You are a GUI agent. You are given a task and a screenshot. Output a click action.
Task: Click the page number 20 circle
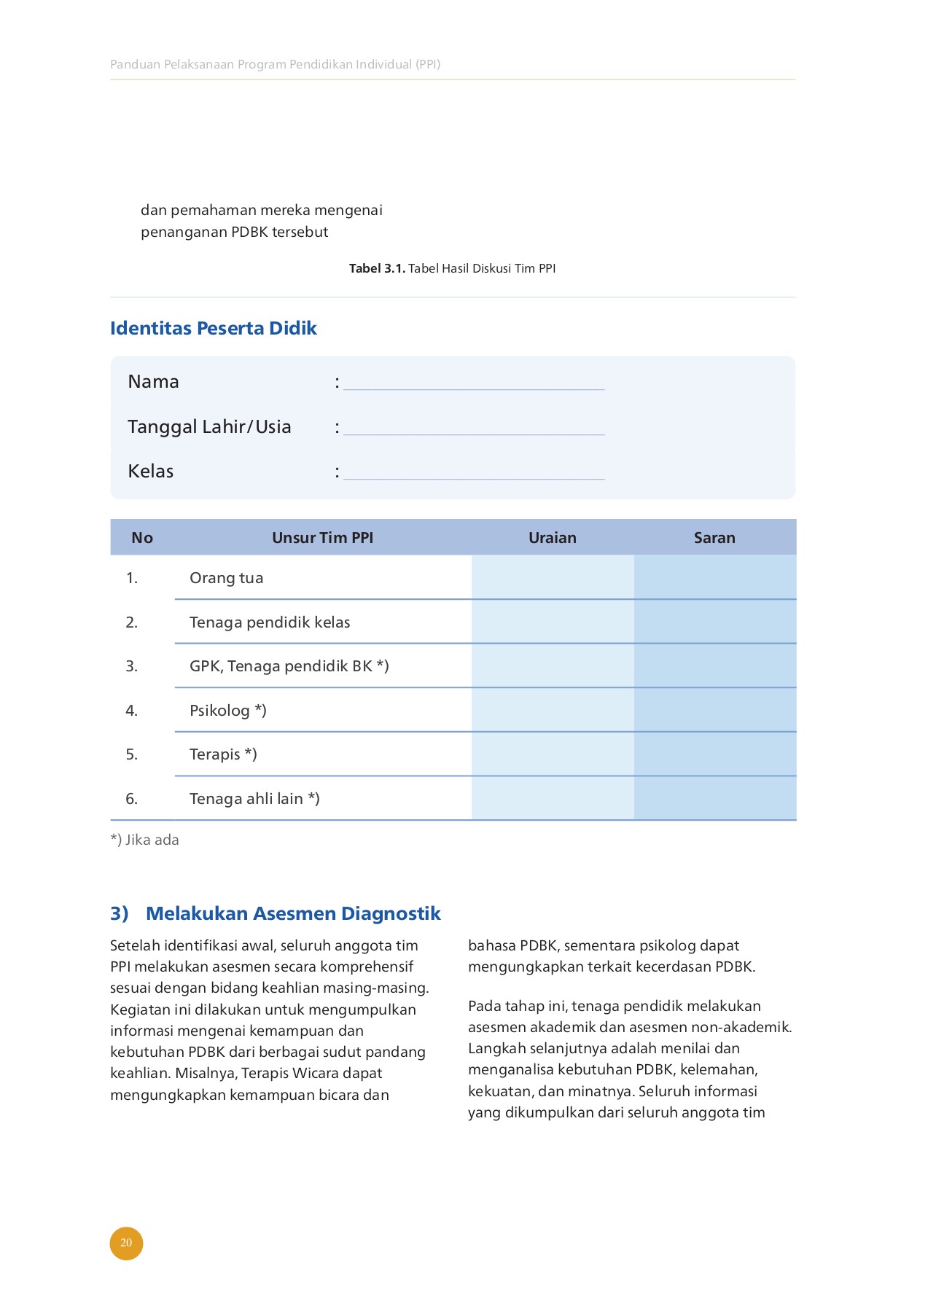126,1243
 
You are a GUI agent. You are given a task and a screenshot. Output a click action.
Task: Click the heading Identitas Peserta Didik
213,328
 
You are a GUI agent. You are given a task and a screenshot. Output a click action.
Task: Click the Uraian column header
552,538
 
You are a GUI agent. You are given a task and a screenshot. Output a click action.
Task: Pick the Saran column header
714,538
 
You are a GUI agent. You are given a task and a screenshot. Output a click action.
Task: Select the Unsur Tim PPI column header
322,538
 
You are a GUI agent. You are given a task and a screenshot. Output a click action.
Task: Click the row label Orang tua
226,578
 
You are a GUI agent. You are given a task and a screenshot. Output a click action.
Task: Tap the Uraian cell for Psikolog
552,710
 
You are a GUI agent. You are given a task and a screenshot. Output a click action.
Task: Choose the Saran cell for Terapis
714,754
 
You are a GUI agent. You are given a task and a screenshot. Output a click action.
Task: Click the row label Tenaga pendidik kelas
270,622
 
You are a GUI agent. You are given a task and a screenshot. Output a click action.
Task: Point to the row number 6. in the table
131,799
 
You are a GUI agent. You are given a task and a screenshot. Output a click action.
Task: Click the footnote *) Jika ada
144,840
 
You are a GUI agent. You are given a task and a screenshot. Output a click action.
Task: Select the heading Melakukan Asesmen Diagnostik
293,913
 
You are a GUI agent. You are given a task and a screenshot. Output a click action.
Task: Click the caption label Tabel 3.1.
377,268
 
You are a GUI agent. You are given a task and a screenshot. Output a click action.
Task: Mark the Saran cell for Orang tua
714,577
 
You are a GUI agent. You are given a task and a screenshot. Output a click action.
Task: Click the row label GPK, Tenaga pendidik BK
289,666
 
